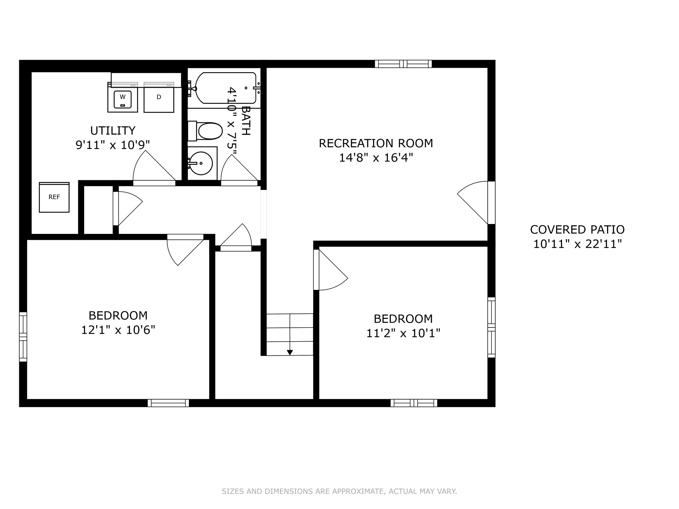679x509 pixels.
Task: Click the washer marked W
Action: pos(122,98)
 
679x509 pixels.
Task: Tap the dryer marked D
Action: pos(159,98)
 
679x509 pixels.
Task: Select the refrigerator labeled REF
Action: pos(54,198)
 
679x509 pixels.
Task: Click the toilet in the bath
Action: pos(206,131)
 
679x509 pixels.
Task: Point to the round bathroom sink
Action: pos(201,163)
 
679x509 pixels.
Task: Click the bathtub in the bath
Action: pos(225,88)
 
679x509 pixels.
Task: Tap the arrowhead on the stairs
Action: pos(290,353)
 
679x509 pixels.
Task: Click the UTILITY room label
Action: pos(113,131)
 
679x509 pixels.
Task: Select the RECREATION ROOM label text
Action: pos(376,143)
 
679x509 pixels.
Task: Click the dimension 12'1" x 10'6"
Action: pos(118,330)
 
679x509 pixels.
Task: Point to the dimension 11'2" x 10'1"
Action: pos(403,333)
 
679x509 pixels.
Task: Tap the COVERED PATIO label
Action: pos(577,230)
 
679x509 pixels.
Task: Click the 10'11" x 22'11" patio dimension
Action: pos(577,244)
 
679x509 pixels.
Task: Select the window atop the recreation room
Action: pos(403,64)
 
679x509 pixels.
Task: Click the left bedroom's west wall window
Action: pos(23,337)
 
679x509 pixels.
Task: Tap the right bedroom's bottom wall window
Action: pos(414,403)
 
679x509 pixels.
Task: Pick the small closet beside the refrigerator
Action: pos(98,210)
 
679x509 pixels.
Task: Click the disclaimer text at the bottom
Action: pos(339,491)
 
